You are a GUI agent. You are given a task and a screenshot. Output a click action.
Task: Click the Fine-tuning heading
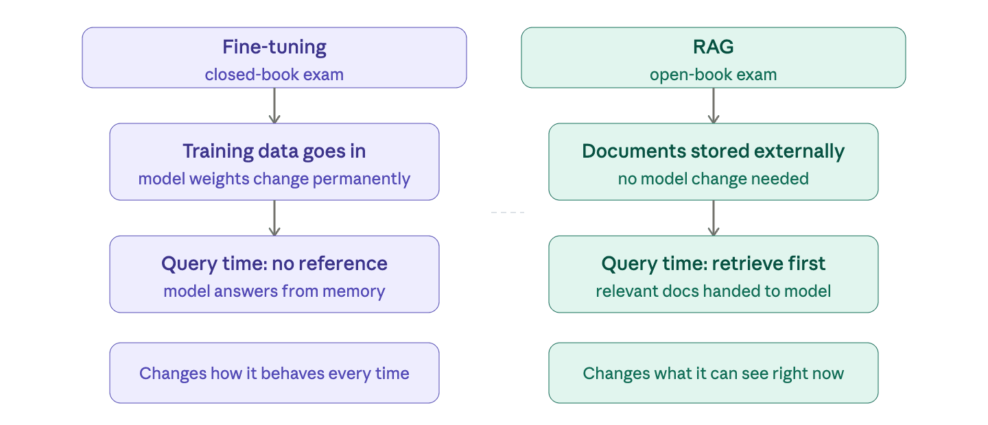(274, 47)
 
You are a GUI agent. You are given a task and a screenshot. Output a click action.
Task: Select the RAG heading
(713, 47)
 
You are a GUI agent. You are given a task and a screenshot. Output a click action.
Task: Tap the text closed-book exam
(274, 74)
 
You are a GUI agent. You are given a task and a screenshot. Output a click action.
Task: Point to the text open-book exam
(713, 74)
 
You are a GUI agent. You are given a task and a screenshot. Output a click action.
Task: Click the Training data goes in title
(274, 151)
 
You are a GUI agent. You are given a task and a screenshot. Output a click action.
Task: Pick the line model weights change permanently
(274, 179)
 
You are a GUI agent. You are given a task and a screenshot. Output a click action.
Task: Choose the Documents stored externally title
(713, 151)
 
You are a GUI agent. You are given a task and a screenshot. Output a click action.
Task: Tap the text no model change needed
(713, 179)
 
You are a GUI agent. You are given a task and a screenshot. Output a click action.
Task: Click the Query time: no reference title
(274, 264)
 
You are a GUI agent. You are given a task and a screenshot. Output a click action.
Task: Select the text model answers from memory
(274, 291)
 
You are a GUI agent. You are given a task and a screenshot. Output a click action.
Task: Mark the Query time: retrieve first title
(713, 264)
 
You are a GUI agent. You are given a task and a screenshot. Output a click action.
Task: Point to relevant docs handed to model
(713, 291)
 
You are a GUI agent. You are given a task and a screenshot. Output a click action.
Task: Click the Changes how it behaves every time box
(274, 373)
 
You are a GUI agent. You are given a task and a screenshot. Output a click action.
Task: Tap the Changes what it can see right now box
(713, 373)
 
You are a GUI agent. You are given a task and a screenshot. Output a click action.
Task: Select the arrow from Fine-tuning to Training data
(274, 106)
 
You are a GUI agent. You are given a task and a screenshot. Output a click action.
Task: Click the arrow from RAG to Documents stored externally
(714, 106)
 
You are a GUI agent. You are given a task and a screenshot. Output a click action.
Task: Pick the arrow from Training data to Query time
(274, 218)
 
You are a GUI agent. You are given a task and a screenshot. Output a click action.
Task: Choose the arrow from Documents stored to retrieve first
(714, 218)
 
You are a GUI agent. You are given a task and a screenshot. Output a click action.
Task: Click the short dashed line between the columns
(508, 212)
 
